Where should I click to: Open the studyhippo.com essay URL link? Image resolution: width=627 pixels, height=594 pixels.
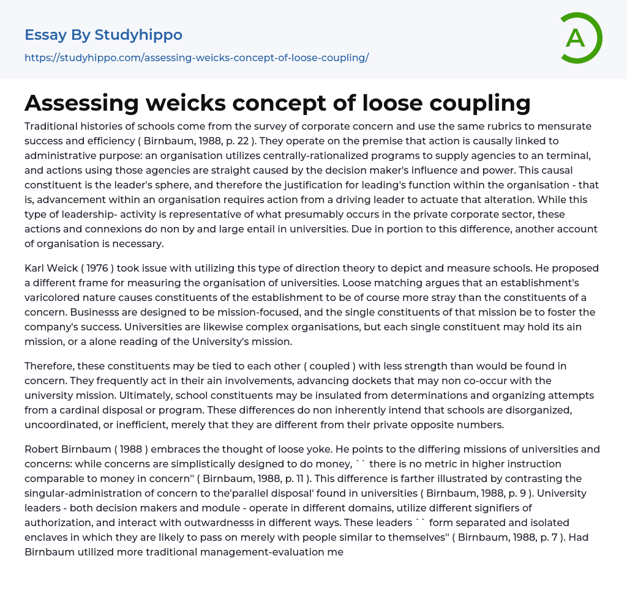pos(197,58)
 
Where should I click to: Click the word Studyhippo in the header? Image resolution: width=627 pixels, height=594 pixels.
pos(138,35)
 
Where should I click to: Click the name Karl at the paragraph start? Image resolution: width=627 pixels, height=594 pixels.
pos(35,269)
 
